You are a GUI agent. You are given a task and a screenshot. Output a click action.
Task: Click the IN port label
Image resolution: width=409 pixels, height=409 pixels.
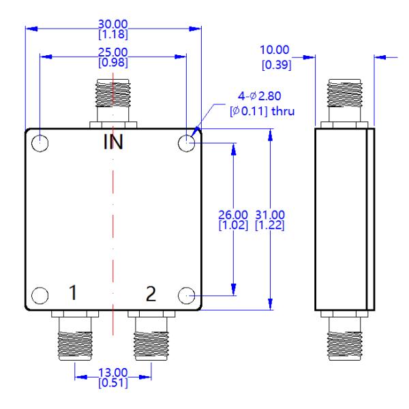(113, 143)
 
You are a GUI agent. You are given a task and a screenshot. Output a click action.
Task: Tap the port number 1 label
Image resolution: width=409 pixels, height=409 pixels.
(72, 294)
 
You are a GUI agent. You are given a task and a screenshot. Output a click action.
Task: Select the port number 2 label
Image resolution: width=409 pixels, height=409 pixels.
(151, 294)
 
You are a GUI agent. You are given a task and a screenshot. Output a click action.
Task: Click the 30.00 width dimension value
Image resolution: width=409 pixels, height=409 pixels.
(113, 25)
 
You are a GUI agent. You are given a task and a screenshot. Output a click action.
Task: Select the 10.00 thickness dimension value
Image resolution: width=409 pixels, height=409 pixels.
(275, 50)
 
